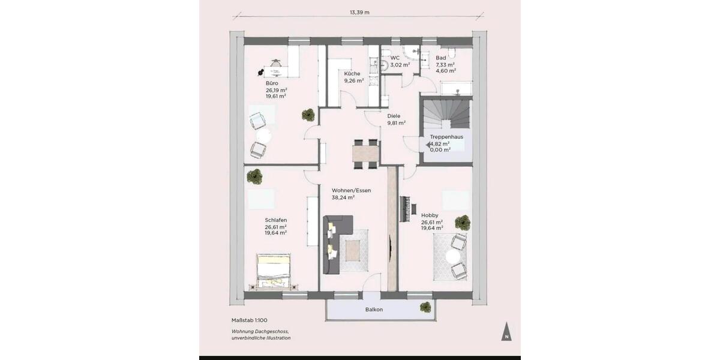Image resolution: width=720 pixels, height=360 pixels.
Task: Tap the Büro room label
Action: tap(272, 83)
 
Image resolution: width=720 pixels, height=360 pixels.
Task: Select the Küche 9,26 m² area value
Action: tap(354, 80)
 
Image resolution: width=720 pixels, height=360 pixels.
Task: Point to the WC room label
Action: tap(395, 58)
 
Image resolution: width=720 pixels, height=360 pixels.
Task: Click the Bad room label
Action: tap(440, 58)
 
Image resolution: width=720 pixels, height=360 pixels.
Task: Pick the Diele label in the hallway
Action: tap(394, 116)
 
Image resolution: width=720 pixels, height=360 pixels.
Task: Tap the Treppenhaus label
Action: tap(446, 137)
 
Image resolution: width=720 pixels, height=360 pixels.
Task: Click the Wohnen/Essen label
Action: tap(351, 190)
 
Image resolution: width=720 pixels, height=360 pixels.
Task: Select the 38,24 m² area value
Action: tap(343, 197)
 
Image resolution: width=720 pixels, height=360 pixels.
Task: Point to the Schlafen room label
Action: tap(276, 220)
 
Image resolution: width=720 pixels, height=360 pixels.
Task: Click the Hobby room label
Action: tap(430, 215)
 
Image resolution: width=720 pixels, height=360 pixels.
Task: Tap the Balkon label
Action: tap(374, 310)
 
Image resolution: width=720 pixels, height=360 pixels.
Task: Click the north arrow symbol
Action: tap(507, 332)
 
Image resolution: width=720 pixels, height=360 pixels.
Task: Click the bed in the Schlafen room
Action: tap(274, 271)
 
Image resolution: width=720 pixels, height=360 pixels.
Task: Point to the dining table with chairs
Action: tap(365, 152)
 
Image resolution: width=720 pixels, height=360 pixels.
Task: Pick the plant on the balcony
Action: tap(425, 307)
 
